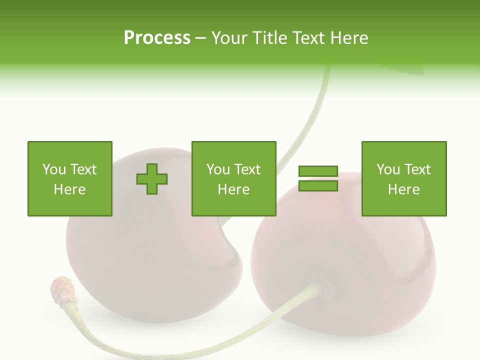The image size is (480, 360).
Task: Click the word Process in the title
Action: point(157,38)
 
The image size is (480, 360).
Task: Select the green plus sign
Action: point(152,179)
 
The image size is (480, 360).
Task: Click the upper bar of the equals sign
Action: point(318,171)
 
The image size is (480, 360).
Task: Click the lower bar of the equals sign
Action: point(318,186)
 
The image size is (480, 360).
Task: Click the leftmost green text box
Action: point(69,178)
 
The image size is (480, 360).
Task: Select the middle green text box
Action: point(233,178)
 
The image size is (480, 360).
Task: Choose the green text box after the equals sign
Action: point(403,178)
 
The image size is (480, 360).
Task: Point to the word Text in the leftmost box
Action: point(83,169)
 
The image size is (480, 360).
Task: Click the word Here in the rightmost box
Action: point(403,189)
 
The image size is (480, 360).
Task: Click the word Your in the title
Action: point(229,38)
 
